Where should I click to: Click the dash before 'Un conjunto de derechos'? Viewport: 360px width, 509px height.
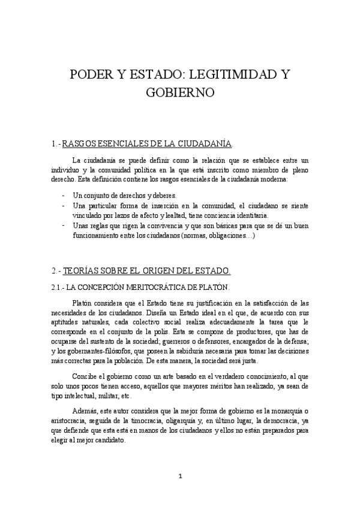coord(64,196)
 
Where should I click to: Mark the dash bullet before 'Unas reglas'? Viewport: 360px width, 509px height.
coord(64,225)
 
